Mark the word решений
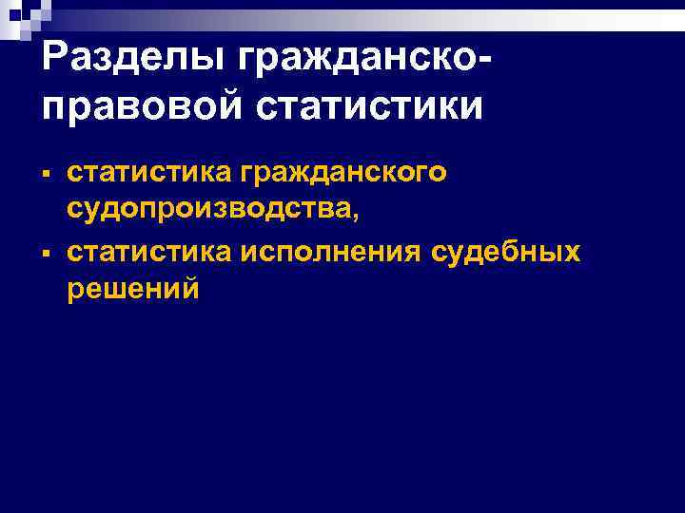(x=133, y=289)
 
